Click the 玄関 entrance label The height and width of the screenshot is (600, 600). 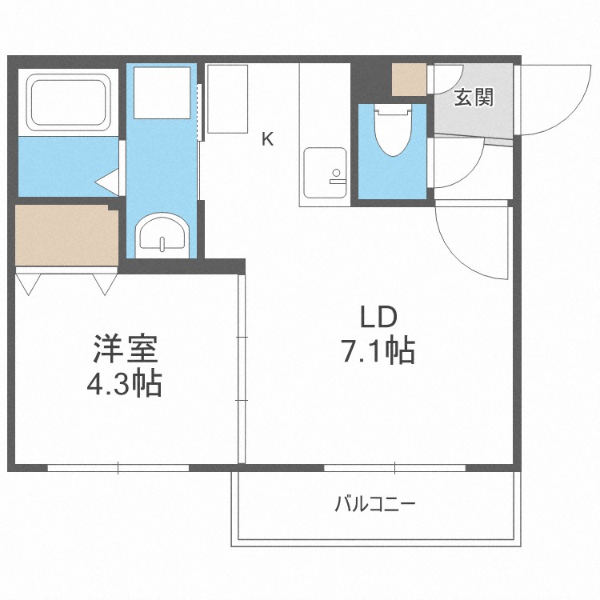(474, 97)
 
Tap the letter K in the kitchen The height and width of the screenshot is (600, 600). (267, 139)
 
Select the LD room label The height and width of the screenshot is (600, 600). (378, 318)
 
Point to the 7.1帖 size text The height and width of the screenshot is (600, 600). (378, 350)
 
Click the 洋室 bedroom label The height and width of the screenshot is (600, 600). (126, 349)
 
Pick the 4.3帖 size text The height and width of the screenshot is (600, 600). (124, 383)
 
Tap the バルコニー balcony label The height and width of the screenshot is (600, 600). (374, 504)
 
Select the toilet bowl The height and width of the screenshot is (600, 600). (393, 130)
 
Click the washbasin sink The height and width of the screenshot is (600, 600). (163, 234)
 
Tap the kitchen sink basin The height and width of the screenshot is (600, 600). (325, 173)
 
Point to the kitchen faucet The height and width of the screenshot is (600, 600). (337, 177)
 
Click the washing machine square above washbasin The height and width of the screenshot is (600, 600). (162, 93)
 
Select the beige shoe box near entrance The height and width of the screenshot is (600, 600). (409, 79)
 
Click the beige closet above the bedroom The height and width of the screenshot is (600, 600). (66, 235)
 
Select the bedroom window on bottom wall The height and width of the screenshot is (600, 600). (118, 468)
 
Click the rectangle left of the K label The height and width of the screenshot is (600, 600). (228, 99)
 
